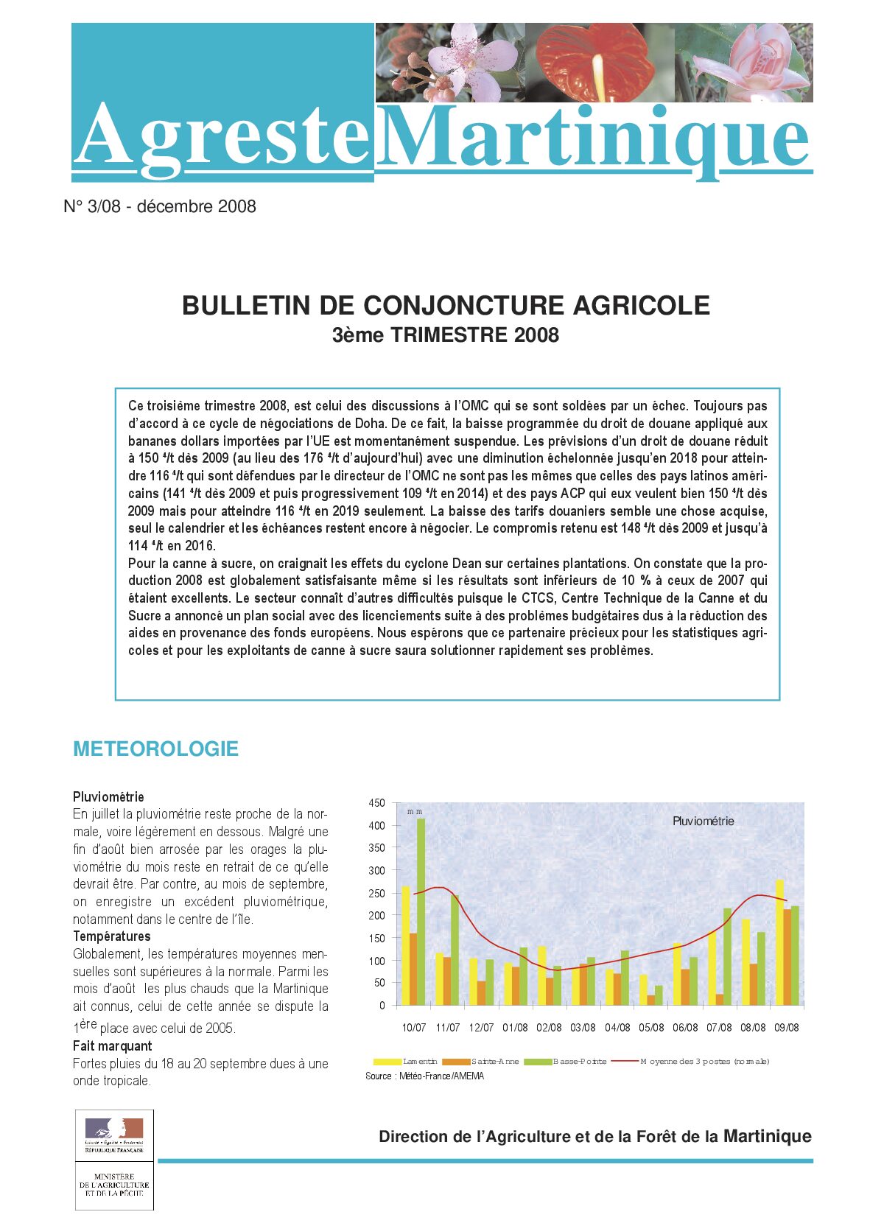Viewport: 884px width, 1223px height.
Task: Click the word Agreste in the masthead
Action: click(x=221, y=136)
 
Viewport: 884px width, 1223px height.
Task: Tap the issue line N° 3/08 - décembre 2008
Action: click(x=160, y=207)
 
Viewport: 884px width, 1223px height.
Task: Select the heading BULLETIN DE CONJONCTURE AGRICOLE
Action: click(x=446, y=305)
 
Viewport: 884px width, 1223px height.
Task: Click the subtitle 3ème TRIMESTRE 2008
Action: click(x=446, y=335)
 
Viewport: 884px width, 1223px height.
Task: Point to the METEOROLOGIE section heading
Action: click(x=155, y=749)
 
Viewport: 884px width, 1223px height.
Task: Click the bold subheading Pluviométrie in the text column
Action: click(x=108, y=796)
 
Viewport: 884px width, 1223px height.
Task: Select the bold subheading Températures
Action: click(x=111, y=936)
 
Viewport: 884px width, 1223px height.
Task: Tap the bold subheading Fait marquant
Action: click(x=112, y=1046)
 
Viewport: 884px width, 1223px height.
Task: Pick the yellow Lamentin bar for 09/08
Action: click(x=779, y=942)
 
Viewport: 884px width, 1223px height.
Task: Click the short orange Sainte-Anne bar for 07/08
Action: click(x=719, y=1000)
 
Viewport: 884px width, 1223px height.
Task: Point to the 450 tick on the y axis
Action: click(x=376, y=803)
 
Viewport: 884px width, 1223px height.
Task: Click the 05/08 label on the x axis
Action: click(x=651, y=1028)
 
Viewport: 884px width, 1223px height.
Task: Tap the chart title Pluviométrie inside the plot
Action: click(x=703, y=821)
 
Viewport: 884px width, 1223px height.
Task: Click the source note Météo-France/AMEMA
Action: click(x=424, y=1076)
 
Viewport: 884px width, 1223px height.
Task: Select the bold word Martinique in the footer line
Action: click(x=767, y=1136)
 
